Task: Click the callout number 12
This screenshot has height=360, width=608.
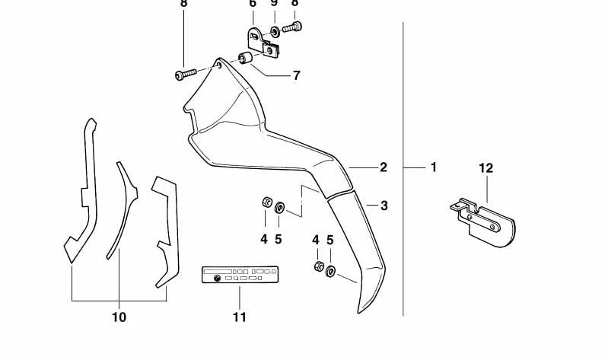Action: pos(485,168)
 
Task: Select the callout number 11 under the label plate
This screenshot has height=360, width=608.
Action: pos(240,317)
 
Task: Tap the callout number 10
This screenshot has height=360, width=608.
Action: pos(119,317)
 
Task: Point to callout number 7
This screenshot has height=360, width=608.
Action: pos(297,75)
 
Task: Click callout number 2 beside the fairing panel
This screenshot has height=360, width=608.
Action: pos(384,167)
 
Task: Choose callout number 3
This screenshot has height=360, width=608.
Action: pos(384,205)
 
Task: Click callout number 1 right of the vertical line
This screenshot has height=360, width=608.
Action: pos(434,167)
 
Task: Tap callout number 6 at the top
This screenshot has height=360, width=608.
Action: pos(253,4)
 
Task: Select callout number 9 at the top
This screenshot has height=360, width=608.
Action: pos(274,3)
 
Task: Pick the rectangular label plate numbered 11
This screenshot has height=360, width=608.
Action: pos(240,275)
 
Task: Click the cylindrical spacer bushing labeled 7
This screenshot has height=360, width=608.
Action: pos(245,59)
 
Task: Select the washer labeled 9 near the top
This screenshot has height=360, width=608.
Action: pos(275,32)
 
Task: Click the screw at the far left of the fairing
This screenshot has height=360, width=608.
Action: pos(186,74)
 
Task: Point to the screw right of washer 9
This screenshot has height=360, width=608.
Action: pos(292,27)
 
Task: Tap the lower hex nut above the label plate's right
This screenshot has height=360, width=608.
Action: pos(319,266)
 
